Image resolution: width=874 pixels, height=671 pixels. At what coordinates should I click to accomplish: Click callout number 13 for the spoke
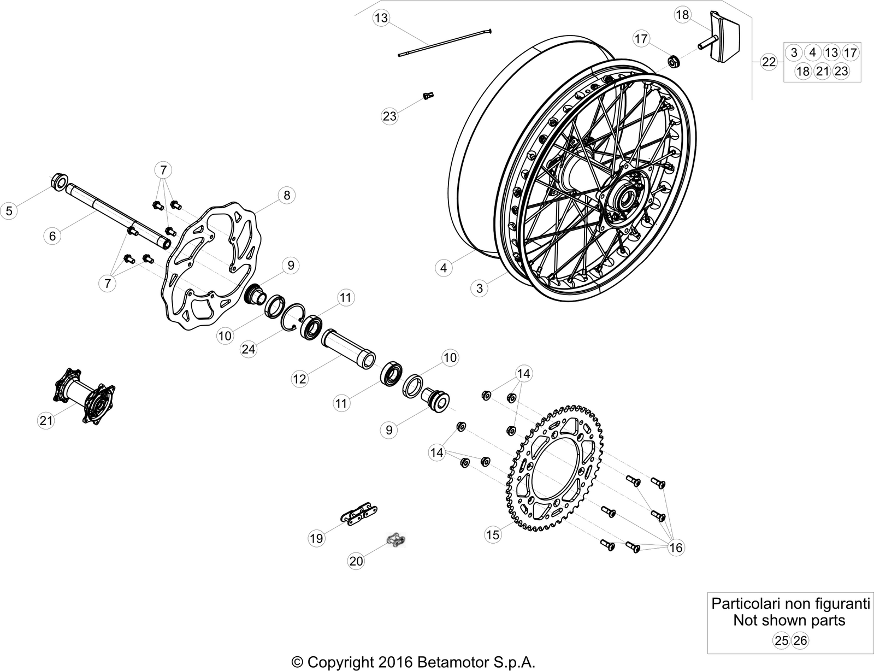tap(381, 18)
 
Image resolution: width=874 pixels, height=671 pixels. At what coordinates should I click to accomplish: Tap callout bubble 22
tap(769, 62)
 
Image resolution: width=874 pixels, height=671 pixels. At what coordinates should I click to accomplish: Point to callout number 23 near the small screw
tap(389, 116)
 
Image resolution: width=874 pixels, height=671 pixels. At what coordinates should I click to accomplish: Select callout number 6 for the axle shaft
tap(52, 236)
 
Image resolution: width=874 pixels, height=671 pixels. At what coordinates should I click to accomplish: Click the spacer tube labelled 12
tap(347, 347)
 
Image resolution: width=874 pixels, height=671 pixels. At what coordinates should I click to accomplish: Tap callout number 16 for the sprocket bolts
tap(676, 548)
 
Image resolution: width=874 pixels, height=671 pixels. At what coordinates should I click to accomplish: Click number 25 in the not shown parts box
tap(781, 640)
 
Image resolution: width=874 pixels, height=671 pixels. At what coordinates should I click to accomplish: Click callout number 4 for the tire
tap(444, 268)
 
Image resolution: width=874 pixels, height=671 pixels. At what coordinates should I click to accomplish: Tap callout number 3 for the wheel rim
tap(480, 288)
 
